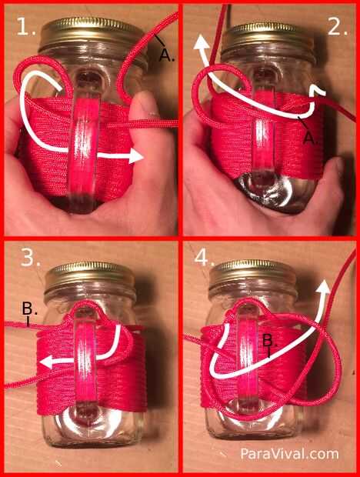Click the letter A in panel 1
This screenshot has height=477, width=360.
(167, 55)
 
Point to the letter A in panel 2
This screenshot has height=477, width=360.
(311, 138)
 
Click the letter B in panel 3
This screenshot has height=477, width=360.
(29, 309)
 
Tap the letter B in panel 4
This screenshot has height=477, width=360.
(269, 340)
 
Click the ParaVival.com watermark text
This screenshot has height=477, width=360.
(289, 454)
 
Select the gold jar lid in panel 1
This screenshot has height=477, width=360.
(92, 33)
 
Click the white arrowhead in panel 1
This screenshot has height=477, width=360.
(135, 156)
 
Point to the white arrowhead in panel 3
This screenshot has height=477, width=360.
(48, 362)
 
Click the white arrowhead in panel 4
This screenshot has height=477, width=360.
(324, 287)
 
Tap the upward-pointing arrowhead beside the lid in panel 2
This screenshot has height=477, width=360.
(202, 42)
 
